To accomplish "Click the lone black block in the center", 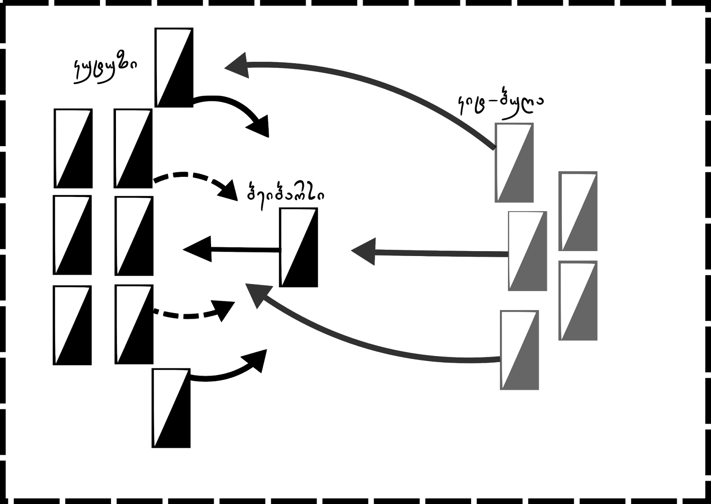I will pos(299,248).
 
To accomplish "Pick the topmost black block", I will pos(174,68).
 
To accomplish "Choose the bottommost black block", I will pos(172,408).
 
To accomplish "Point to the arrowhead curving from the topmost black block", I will pos(260,127).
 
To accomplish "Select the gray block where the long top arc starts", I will pos(514,163).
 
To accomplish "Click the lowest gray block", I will pos(519,350).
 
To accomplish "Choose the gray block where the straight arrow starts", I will pos(527,251).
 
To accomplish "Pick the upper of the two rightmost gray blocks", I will pos(578,212).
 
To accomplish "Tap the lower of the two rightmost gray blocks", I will pos(578,301).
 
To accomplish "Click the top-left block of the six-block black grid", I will pos(73,148).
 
